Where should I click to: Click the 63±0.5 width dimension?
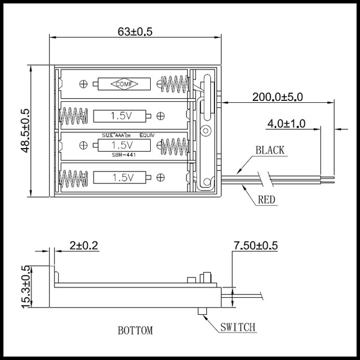click(135, 32)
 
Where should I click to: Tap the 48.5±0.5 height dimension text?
click(25, 130)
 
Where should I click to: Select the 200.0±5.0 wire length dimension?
click(277, 97)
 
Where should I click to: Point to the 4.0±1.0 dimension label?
click(287, 124)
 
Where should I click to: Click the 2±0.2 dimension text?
click(84, 245)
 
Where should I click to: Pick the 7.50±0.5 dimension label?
click(256, 245)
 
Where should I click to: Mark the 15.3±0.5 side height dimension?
click(25, 287)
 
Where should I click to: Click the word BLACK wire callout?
click(270, 150)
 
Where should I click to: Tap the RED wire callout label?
click(266, 199)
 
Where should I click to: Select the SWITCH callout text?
click(237, 327)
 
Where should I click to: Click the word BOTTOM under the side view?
click(135, 330)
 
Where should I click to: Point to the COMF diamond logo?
click(124, 84)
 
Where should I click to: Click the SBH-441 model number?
click(124, 155)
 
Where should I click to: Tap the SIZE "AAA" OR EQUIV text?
click(128, 135)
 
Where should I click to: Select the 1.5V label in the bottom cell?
click(123, 178)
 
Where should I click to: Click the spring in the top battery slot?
click(175, 84)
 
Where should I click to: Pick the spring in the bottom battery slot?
click(73, 179)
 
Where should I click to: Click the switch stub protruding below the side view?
click(202, 311)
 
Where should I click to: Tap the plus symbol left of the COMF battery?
click(83, 84)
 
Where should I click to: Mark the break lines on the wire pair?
click(266, 179)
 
